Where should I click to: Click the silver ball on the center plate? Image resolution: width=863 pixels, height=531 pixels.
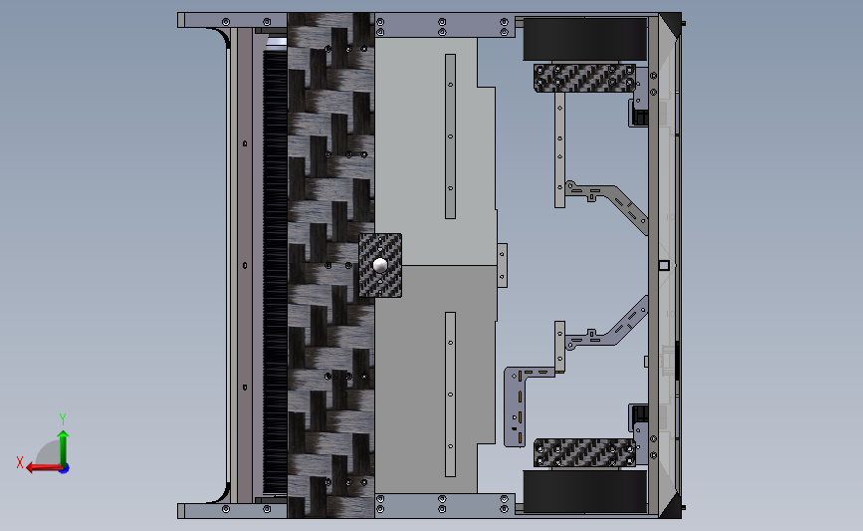click(380, 266)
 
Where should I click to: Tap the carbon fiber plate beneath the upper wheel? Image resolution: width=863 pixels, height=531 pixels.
click(584, 78)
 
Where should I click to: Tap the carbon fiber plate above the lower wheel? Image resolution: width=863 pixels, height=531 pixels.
click(584, 452)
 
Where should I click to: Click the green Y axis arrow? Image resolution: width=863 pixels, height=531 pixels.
click(63, 445)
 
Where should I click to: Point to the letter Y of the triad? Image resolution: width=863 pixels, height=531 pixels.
click(62, 419)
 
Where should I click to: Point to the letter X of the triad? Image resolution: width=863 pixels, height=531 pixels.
click(20, 462)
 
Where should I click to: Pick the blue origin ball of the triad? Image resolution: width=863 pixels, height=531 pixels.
click(64, 467)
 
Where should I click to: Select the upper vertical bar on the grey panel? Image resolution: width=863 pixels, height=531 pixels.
click(449, 135)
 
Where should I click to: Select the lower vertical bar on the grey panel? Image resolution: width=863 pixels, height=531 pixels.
click(449, 394)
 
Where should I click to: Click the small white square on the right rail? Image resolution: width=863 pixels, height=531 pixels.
click(663, 265)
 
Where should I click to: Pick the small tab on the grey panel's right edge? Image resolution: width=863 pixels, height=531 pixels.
click(503, 264)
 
